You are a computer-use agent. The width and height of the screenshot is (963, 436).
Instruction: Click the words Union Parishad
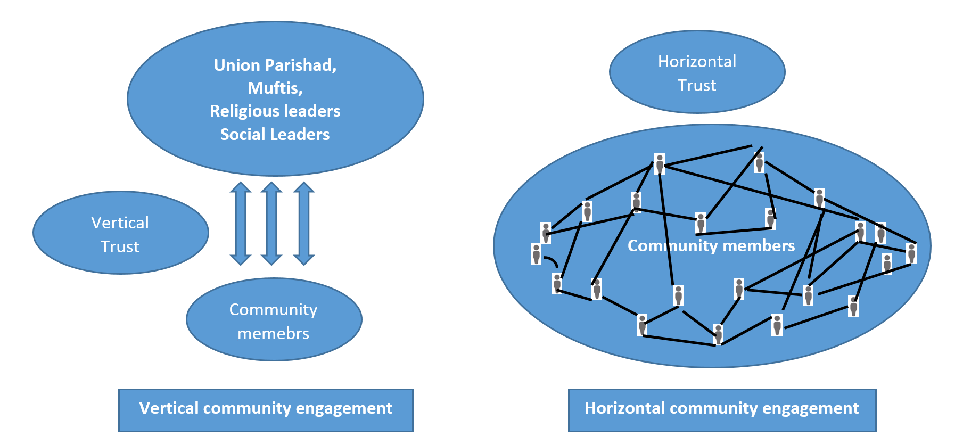275,65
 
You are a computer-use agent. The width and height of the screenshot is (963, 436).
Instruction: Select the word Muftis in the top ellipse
275,88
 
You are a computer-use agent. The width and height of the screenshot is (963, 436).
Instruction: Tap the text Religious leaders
275,111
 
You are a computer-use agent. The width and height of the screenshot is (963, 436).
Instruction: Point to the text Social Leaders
275,134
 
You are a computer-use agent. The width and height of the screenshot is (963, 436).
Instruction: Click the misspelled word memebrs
273,333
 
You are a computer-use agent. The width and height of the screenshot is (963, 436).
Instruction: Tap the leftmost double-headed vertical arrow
241,223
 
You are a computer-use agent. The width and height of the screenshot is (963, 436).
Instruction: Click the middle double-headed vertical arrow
271,223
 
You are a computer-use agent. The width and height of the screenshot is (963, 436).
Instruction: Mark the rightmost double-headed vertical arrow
304,223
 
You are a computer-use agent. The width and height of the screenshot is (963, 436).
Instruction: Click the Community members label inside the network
711,245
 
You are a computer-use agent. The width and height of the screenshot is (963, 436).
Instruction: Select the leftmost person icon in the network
537,254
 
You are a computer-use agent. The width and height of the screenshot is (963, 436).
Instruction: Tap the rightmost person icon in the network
912,253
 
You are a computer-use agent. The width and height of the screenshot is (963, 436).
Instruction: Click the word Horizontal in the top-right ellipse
697,61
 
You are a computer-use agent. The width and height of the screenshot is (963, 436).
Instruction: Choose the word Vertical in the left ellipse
120,223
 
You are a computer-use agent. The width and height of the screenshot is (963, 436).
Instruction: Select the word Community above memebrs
273,309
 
